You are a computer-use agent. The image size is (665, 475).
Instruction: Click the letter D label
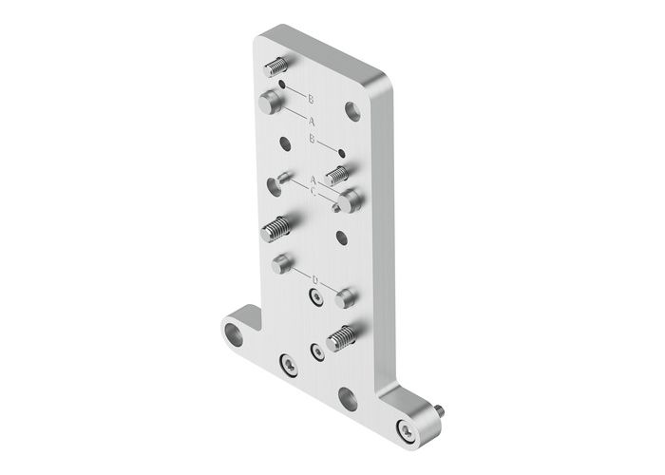point(314,278)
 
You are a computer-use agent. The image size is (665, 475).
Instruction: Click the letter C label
point(313,190)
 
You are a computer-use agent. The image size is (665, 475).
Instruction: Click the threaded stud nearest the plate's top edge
point(275,67)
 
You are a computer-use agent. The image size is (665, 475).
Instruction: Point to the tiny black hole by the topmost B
point(282,85)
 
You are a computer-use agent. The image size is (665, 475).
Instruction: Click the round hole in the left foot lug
point(233,332)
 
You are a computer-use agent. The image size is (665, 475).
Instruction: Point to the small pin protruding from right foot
point(442,412)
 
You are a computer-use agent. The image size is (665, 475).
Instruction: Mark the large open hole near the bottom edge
point(348,399)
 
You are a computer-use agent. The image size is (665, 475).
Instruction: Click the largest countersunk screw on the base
point(288,363)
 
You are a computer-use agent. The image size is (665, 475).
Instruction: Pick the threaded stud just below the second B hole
point(337,175)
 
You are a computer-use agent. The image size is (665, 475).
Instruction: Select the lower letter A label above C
point(313,180)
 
